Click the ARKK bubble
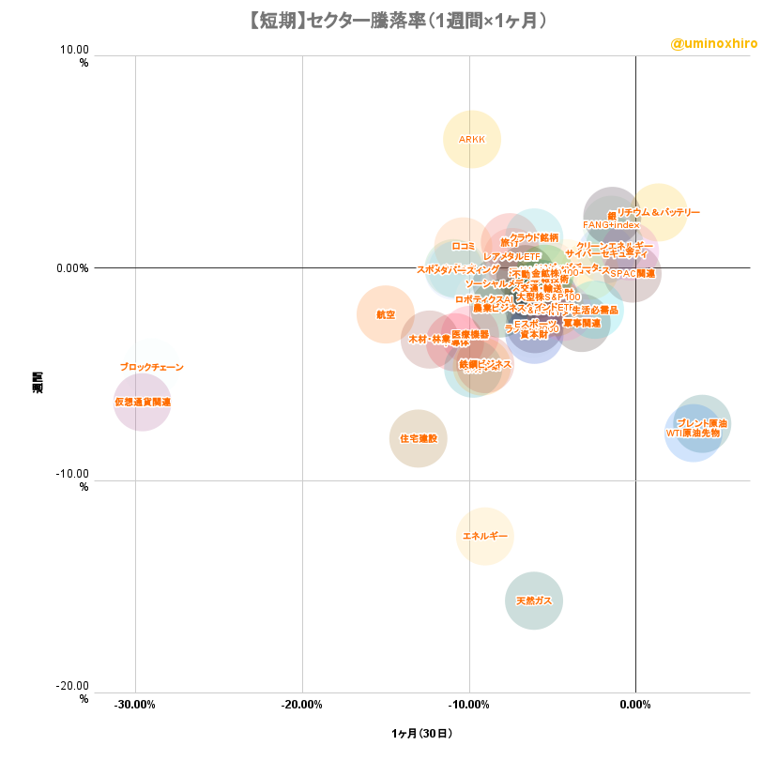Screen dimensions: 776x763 (472, 140)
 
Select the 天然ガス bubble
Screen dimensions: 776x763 (534, 601)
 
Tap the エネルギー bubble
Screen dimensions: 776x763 (485, 537)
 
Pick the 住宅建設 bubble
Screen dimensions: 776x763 (419, 438)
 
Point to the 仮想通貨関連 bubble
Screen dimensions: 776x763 (143, 402)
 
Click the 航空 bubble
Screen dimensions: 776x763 (385, 314)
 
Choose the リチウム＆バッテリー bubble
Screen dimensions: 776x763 (659, 213)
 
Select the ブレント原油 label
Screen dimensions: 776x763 (702, 423)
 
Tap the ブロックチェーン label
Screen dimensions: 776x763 (152, 367)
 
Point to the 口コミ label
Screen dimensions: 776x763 (463, 246)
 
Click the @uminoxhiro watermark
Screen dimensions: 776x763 (714, 43)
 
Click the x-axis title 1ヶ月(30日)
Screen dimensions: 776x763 (421, 733)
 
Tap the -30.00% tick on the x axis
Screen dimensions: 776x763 (135, 705)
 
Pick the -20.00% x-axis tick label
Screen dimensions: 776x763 (302, 705)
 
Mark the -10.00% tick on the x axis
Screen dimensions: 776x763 (469, 705)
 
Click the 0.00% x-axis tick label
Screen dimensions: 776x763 (635, 705)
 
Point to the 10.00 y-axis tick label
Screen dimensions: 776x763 (75, 50)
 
